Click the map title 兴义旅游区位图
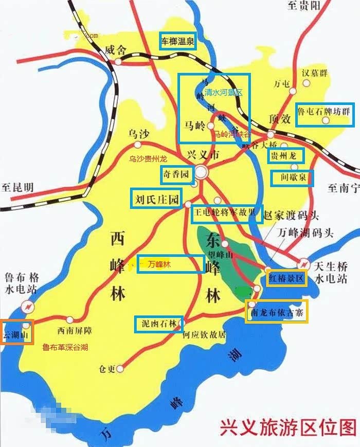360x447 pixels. tap(288, 426)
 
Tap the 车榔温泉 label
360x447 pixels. tap(178, 42)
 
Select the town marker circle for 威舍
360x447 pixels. tap(118, 61)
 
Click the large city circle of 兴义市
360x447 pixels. tap(201, 172)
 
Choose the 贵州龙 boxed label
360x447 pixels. tap(285, 155)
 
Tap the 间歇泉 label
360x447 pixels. tap(291, 178)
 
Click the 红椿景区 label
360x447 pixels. tap(287, 278)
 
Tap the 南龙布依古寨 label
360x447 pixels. tap(277, 312)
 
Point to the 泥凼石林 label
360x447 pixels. tap(159, 323)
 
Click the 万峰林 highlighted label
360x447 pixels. tap(170, 264)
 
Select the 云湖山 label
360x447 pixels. tap(16, 332)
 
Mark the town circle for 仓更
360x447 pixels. tap(120, 368)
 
